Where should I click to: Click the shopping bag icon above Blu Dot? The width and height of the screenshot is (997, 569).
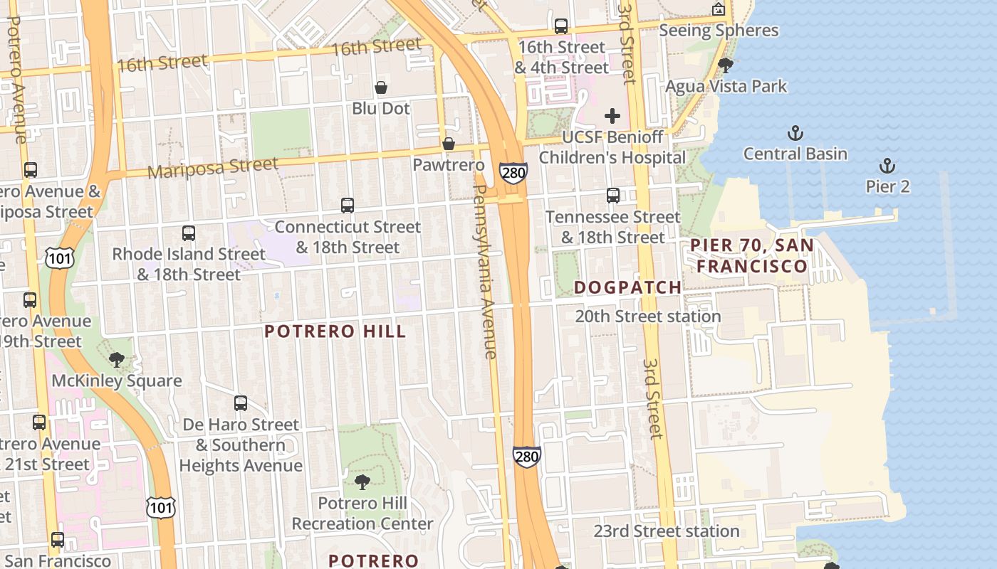tap(381, 87)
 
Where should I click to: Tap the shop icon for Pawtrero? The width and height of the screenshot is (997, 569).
tap(449, 144)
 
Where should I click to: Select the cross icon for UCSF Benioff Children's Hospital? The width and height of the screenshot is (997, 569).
tap(612, 116)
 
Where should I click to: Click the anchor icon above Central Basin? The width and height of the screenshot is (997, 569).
tap(795, 133)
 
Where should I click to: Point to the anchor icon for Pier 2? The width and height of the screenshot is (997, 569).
tap(887, 166)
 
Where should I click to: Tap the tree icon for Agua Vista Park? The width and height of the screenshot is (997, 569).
tap(726, 65)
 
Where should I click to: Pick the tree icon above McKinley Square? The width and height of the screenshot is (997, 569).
tap(117, 360)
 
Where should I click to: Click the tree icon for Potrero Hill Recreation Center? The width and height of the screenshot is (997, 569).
tap(362, 482)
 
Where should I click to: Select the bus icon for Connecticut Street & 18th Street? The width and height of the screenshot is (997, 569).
tap(348, 206)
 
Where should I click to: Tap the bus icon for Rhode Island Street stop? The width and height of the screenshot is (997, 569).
tap(189, 233)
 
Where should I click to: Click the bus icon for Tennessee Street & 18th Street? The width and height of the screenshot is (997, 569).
tap(612, 196)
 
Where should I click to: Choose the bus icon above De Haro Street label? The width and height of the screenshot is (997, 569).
tap(241, 403)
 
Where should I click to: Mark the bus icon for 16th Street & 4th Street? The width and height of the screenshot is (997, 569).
tap(561, 26)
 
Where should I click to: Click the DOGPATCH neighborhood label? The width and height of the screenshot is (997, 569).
tap(627, 287)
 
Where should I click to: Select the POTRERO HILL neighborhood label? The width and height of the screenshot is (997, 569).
tap(335, 331)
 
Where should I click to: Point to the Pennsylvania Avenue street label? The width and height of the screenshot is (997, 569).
tap(484, 272)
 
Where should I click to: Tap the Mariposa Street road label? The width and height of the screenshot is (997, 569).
tap(213, 169)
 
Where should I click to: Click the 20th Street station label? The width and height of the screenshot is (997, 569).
tap(647, 317)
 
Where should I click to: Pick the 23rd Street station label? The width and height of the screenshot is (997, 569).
tap(667, 531)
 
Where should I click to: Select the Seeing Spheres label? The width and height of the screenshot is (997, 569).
tap(719, 31)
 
